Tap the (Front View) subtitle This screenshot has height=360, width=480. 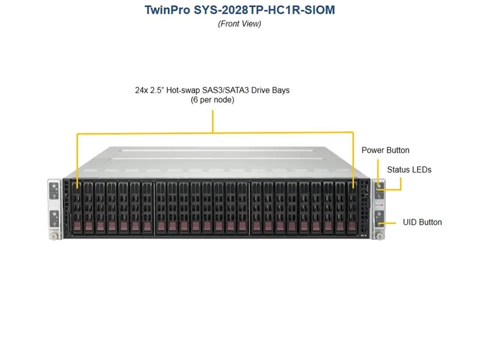tap(239, 23)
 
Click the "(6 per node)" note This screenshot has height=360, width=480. tap(212, 100)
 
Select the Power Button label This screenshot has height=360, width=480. tap(385, 150)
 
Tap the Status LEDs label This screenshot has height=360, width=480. tap(409, 169)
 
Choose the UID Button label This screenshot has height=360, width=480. tap(422, 222)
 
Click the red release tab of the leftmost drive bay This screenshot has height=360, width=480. tap(77, 227)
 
